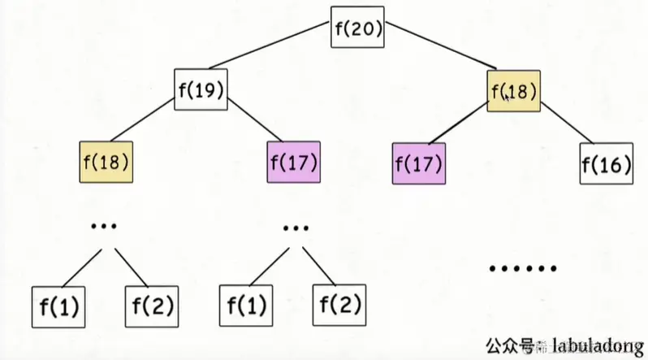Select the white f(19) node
[201, 90]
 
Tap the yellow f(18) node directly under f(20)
[514, 90]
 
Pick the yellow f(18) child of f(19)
[106, 162]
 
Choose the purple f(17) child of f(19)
[293, 162]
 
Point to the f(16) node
[607, 165]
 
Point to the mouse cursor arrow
[507, 96]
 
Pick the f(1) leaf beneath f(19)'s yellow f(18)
[58, 307]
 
